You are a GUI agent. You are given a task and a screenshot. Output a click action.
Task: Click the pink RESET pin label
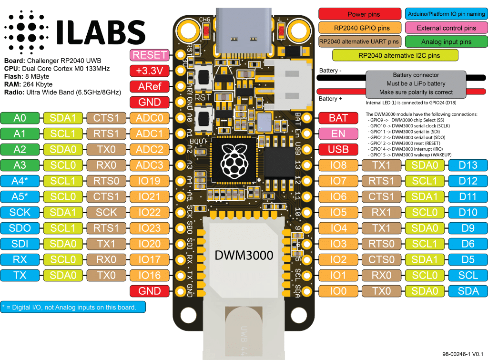tap(150, 55)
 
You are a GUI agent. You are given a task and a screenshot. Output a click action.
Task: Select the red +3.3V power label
tap(150, 71)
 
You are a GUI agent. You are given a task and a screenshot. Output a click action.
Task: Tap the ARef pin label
tap(150, 87)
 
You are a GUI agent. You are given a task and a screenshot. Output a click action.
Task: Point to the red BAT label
tap(338, 118)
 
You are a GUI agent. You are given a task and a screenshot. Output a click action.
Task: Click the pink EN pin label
tap(338, 134)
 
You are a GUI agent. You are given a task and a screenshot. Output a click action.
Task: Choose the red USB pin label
tap(338, 149)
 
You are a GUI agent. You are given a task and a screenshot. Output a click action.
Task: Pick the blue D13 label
tap(468, 165)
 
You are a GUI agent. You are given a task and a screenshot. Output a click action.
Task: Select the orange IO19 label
tap(150, 181)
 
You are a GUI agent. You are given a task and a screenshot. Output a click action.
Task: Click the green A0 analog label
tap(20, 118)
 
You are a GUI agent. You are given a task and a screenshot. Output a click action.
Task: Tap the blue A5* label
tap(20, 196)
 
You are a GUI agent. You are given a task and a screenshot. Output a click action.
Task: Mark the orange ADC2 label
tap(150, 149)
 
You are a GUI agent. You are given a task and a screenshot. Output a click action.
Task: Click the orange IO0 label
tap(338, 291)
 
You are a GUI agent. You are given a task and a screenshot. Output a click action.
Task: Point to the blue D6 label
tap(468, 244)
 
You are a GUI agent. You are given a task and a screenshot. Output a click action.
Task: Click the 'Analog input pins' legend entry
tap(446, 42)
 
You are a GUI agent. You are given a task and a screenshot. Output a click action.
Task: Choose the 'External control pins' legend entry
tap(446, 28)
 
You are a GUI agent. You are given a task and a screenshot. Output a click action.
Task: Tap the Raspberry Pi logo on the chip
tap(233, 160)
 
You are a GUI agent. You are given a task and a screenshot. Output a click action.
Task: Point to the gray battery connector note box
tap(416, 83)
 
